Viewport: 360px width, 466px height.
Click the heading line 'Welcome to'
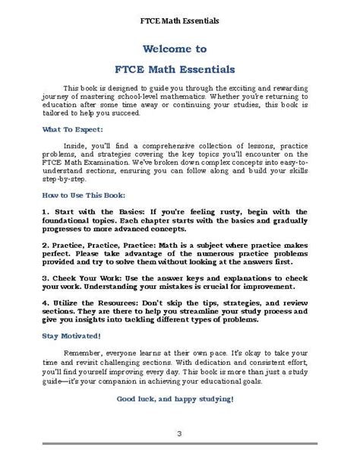pos(179,49)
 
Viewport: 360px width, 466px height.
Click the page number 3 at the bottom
pos(179,454)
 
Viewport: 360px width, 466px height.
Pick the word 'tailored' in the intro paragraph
pos(59,113)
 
